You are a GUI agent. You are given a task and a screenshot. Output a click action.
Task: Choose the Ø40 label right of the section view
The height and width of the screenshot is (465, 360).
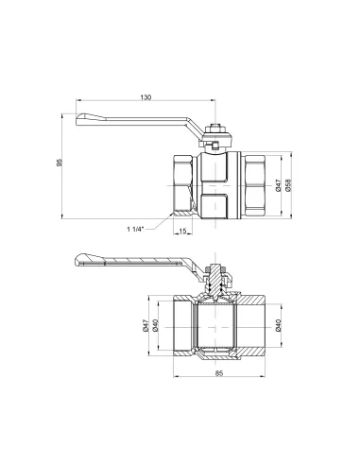pyautogui.click(x=277, y=327)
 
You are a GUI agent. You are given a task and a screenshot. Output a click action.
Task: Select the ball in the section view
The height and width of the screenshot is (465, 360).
pyautogui.click(x=219, y=327)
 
